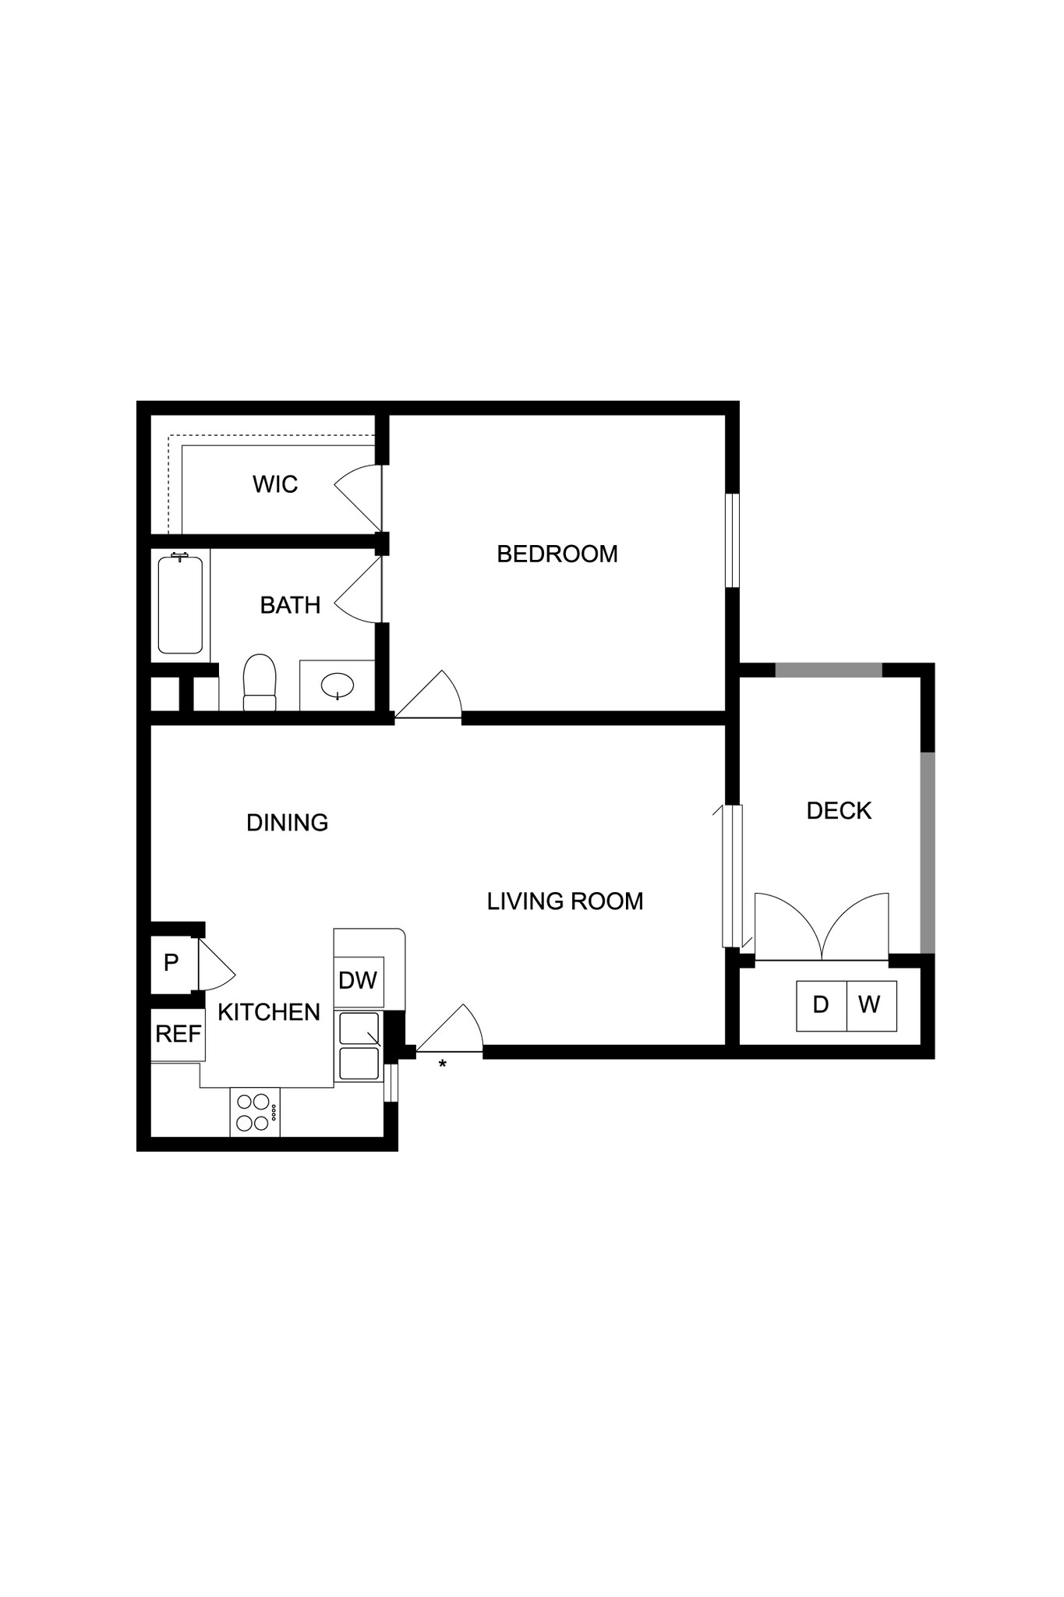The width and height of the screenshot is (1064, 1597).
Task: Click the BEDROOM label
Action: pos(557,554)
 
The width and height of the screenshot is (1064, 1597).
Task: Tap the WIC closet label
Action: pos(275,484)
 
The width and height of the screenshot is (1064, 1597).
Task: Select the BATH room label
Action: pos(290,605)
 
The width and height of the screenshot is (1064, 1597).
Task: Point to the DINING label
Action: pos(287,823)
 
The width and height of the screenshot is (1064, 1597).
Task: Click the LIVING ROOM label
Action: pos(565,901)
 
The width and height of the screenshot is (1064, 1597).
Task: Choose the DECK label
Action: pos(839,811)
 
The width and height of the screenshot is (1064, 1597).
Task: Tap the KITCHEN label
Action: pos(269,1012)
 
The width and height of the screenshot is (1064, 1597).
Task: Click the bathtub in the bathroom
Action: pos(180,604)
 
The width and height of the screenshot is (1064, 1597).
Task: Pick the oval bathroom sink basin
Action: pos(338,686)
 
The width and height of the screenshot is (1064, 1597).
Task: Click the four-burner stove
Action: pos(255,1112)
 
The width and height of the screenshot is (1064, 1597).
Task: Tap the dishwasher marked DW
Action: pos(359,981)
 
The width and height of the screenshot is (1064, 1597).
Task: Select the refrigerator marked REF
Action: pos(179,1034)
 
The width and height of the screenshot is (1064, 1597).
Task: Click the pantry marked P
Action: pos(171,963)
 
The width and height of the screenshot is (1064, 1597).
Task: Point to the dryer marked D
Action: pos(821,1005)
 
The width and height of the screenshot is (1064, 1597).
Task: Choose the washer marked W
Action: pos(870,1005)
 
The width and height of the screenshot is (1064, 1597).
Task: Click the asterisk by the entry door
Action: pos(443,1064)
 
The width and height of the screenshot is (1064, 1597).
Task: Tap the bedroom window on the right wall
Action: pos(732,540)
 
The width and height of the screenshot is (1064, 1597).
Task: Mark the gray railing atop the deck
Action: pos(829,670)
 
